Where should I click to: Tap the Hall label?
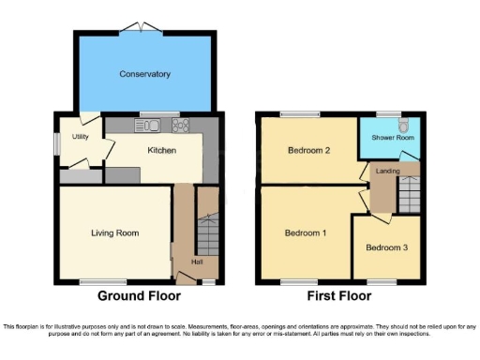(199, 261)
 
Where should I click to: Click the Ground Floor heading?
(139, 296)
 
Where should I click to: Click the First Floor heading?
(338, 296)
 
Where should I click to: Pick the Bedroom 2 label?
(307, 150)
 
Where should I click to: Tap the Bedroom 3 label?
(386, 247)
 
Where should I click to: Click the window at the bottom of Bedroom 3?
(382, 280)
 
